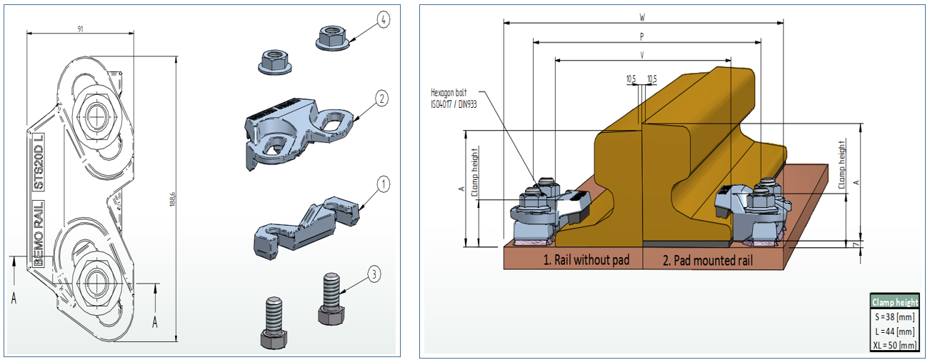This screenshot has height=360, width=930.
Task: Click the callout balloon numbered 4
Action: point(384,19)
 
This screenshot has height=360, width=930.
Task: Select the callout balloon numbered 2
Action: point(382,99)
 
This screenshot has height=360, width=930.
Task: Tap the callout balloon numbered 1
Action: point(383,185)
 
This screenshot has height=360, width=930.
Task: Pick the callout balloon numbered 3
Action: point(374,272)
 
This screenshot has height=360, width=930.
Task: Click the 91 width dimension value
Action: point(79,28)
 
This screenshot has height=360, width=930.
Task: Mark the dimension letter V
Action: point(642,54)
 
